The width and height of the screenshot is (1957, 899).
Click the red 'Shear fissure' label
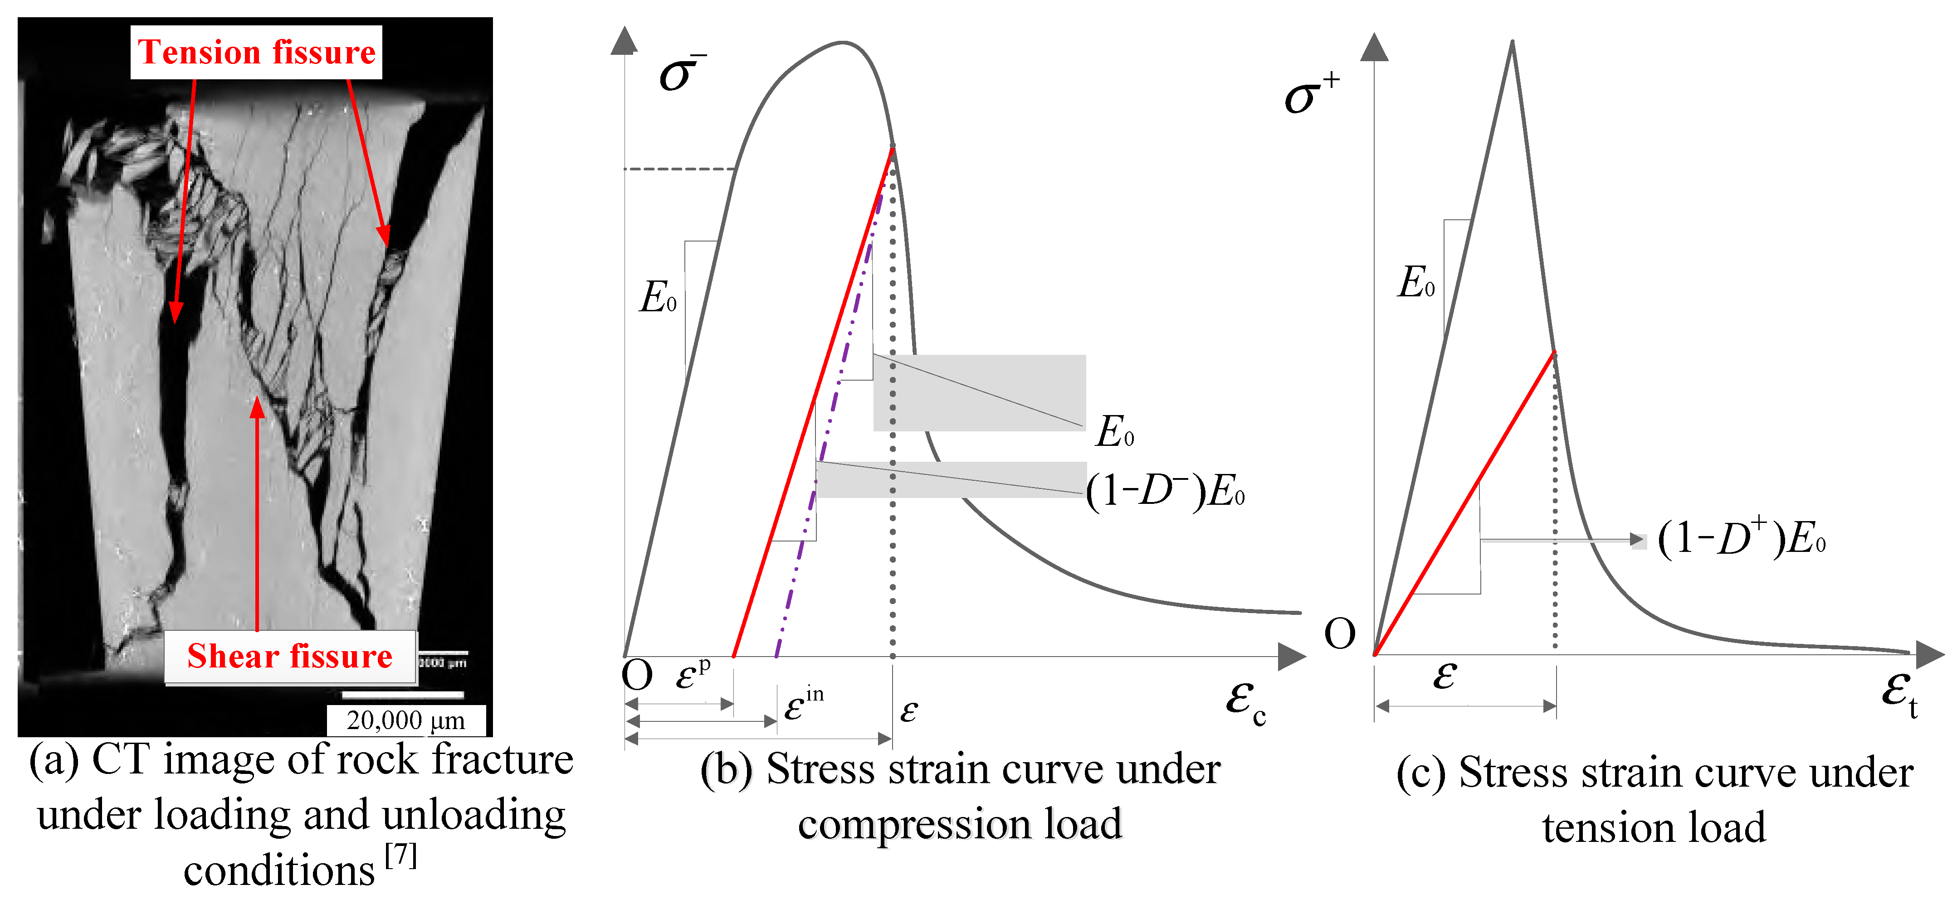289,656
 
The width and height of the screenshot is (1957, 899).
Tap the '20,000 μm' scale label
405,720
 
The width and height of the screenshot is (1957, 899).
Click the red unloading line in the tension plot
1466,501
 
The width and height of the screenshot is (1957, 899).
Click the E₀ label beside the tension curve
1416,282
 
